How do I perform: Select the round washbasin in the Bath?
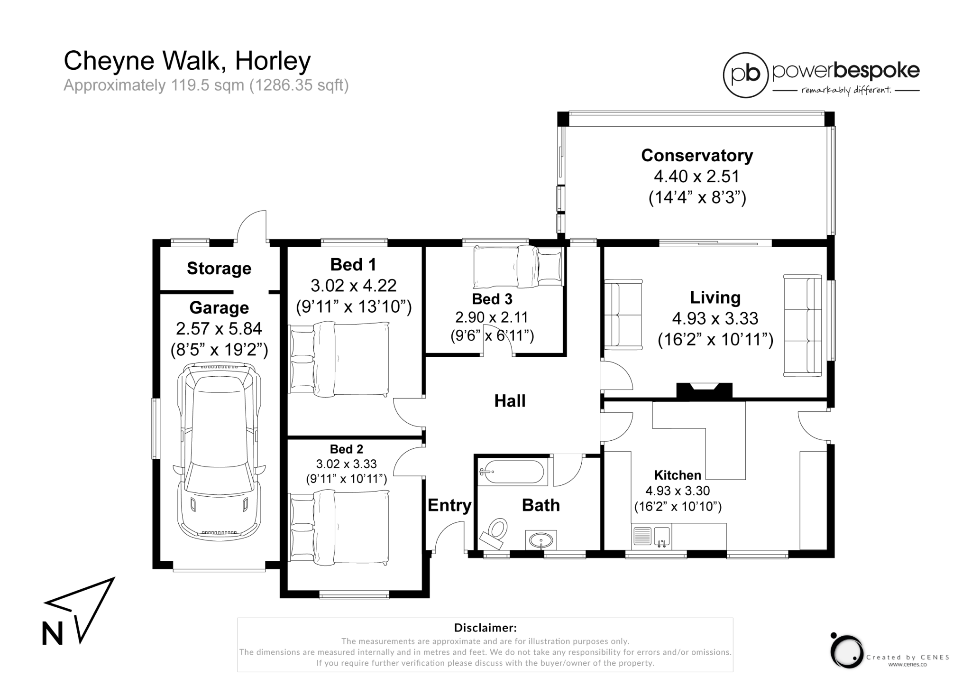[541, 540]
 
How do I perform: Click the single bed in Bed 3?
[518, 267]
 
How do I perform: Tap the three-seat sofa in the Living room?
[803, 325]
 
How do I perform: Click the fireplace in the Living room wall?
[704, 390]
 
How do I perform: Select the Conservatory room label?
[697, 155]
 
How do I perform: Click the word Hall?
[510, 401]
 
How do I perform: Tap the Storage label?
[219, 269]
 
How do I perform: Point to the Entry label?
[449, 506]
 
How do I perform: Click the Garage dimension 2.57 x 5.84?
[219, 328]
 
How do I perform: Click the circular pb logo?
[745, 75]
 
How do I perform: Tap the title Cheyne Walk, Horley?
[187, 61]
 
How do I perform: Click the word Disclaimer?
[485, 628]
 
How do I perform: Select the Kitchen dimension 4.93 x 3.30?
[678, 491]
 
